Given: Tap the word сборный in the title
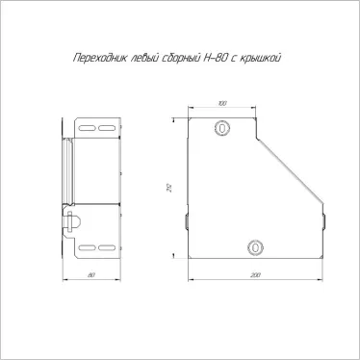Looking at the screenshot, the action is [181, 59].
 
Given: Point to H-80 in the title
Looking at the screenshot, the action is [216, 58].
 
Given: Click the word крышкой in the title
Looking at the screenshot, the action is [261, 59].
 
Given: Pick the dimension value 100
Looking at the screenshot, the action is [222, 103].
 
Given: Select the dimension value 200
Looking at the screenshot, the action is [255, 275].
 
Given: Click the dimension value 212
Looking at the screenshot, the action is [170, 188].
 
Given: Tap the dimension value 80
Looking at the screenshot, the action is [91, 275].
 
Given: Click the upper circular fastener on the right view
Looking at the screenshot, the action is [221, 127].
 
